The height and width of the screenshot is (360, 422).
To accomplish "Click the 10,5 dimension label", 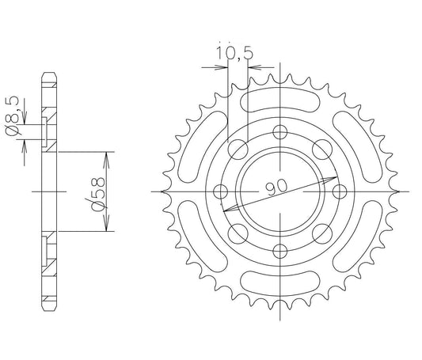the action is point(234,53).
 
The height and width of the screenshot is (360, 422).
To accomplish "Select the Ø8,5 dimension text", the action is point(13,116).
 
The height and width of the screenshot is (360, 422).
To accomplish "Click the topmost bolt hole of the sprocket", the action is point(280,132).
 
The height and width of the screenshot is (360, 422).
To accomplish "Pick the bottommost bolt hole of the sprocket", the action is point(280,251).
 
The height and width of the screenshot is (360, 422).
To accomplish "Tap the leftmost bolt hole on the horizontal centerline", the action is point(220,191).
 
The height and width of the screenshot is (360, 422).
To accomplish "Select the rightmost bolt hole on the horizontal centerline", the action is point(340,191).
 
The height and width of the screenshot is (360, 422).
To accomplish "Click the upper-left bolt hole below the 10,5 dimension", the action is point(238,150).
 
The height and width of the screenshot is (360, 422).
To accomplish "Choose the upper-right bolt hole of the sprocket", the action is point(322,150).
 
